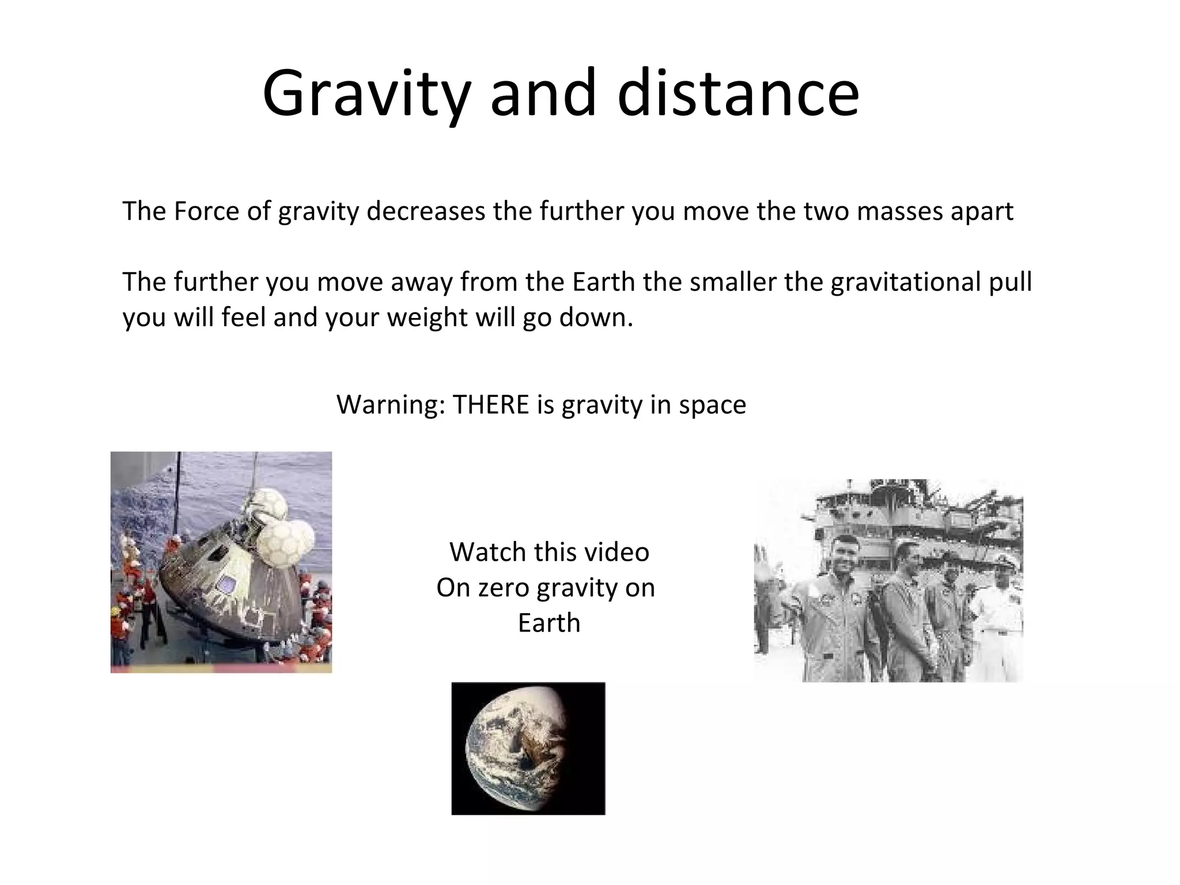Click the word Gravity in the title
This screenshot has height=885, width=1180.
[x=366, y=94]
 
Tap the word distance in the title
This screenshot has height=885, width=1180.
[x=738, y=93]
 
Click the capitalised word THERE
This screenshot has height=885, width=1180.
[x=491, y=404]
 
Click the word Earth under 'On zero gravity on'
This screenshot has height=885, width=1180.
[x=549, y=623]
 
